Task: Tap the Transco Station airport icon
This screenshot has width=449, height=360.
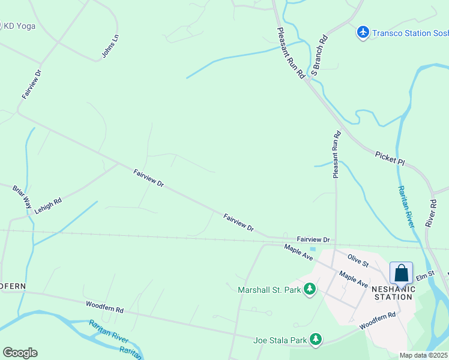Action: click(x=363, y=32)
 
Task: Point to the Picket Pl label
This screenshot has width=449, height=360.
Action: click(x=390, y=158)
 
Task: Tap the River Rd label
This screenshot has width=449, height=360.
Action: click(x=430, y=212)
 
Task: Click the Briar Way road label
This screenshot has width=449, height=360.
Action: click(x=22, y=197)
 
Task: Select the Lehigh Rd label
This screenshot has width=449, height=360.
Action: click(x=48, y=206)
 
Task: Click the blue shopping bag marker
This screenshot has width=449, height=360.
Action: click(x=401, y=274)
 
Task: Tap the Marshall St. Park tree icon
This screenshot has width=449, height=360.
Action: click(x=310, y=290)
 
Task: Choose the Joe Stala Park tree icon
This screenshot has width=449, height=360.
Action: click(x=316, y=340)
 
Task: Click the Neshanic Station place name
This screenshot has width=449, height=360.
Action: click(x=393, y=293)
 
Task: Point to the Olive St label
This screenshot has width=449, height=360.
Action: click(x=357, y=260)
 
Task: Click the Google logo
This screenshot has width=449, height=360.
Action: click(x=20, y=353)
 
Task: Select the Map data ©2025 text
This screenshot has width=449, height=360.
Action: click(x=424, y=355)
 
